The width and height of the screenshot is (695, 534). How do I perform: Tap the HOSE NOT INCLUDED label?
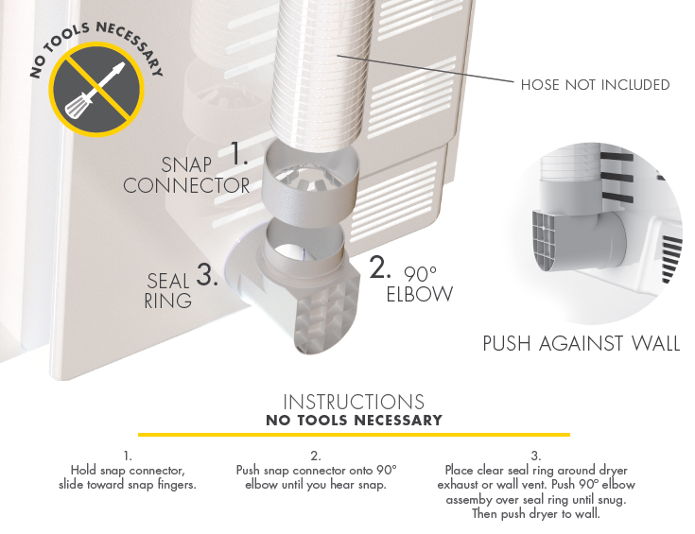(595, 85)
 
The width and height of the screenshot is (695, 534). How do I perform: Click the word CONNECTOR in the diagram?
(186, 186)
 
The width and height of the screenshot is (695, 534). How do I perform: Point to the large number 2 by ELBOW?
(379, 268)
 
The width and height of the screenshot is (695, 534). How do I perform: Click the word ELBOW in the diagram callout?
(419, 295)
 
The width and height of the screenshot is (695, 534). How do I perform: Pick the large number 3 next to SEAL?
(207, 275)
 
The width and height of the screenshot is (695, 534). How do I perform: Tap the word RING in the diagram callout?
(168, 301)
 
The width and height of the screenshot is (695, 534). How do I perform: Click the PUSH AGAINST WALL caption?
(581, 343)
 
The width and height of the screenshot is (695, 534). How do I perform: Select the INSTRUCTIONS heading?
(354, 403)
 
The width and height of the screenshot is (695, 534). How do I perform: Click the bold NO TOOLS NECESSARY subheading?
(354, 420)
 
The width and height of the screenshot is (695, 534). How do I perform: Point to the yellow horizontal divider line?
(354, 435)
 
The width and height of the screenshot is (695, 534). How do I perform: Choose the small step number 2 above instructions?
(316, 456)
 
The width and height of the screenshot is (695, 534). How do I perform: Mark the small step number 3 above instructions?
(536, 456)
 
